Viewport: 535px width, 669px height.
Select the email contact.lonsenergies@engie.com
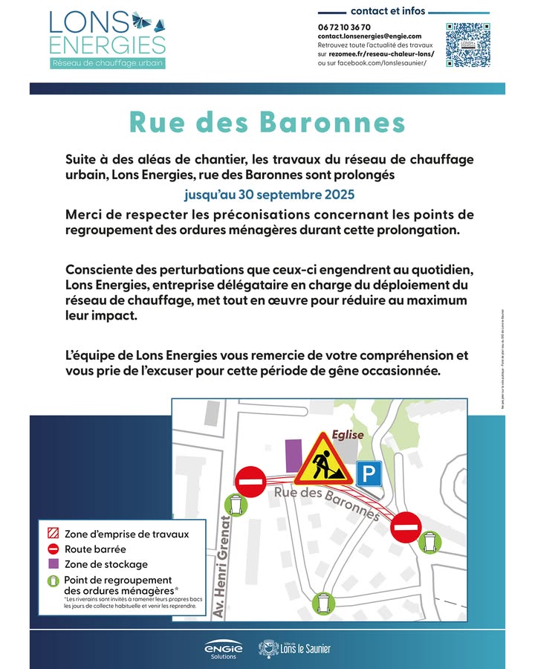369,36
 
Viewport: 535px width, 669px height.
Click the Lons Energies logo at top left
107,39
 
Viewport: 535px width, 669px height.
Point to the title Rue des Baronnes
267,122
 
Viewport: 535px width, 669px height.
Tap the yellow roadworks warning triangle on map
322,459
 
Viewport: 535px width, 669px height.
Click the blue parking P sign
369,473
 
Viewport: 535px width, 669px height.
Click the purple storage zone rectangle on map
294,455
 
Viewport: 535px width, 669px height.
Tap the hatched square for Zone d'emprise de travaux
53,534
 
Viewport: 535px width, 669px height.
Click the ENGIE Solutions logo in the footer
224,649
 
